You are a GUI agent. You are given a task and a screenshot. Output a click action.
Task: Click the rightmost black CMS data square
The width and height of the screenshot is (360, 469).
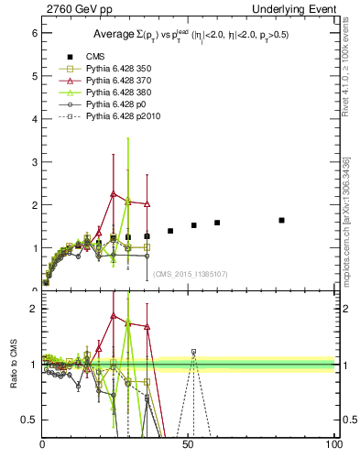point(281,220)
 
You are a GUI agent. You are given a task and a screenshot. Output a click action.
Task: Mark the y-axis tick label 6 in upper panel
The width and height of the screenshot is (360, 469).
point(35,33)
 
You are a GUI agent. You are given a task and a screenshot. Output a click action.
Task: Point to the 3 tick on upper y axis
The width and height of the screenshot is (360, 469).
point(35,162)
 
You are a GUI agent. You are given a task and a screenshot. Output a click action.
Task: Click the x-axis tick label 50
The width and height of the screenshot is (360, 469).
point(189,445)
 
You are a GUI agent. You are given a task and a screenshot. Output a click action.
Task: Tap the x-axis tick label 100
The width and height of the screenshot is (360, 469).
point(333,445)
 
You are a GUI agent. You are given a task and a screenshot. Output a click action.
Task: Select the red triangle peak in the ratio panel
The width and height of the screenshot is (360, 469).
point(113,316)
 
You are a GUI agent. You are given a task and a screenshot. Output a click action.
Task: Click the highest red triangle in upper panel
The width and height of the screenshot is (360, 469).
point(113,193)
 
